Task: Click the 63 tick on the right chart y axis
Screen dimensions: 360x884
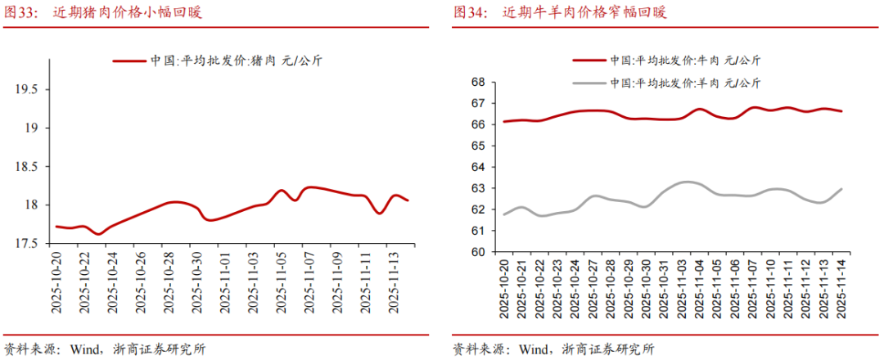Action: pyautogui.click(x=478, y=188)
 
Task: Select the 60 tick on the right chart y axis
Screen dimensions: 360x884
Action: pyautogui.click(x=478, y=252)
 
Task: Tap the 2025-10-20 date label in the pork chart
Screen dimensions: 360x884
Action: pyautogui.click(x=56, y=281)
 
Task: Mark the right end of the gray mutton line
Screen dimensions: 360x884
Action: pyautogui.click(x=842, y=189)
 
